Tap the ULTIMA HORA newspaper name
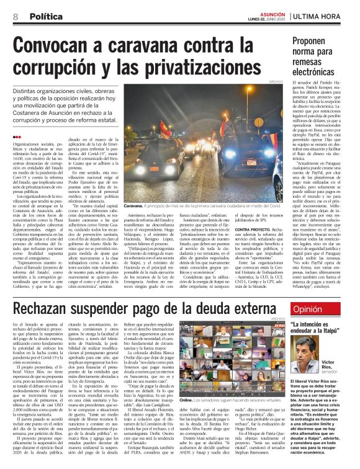click(x=321, y=15)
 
